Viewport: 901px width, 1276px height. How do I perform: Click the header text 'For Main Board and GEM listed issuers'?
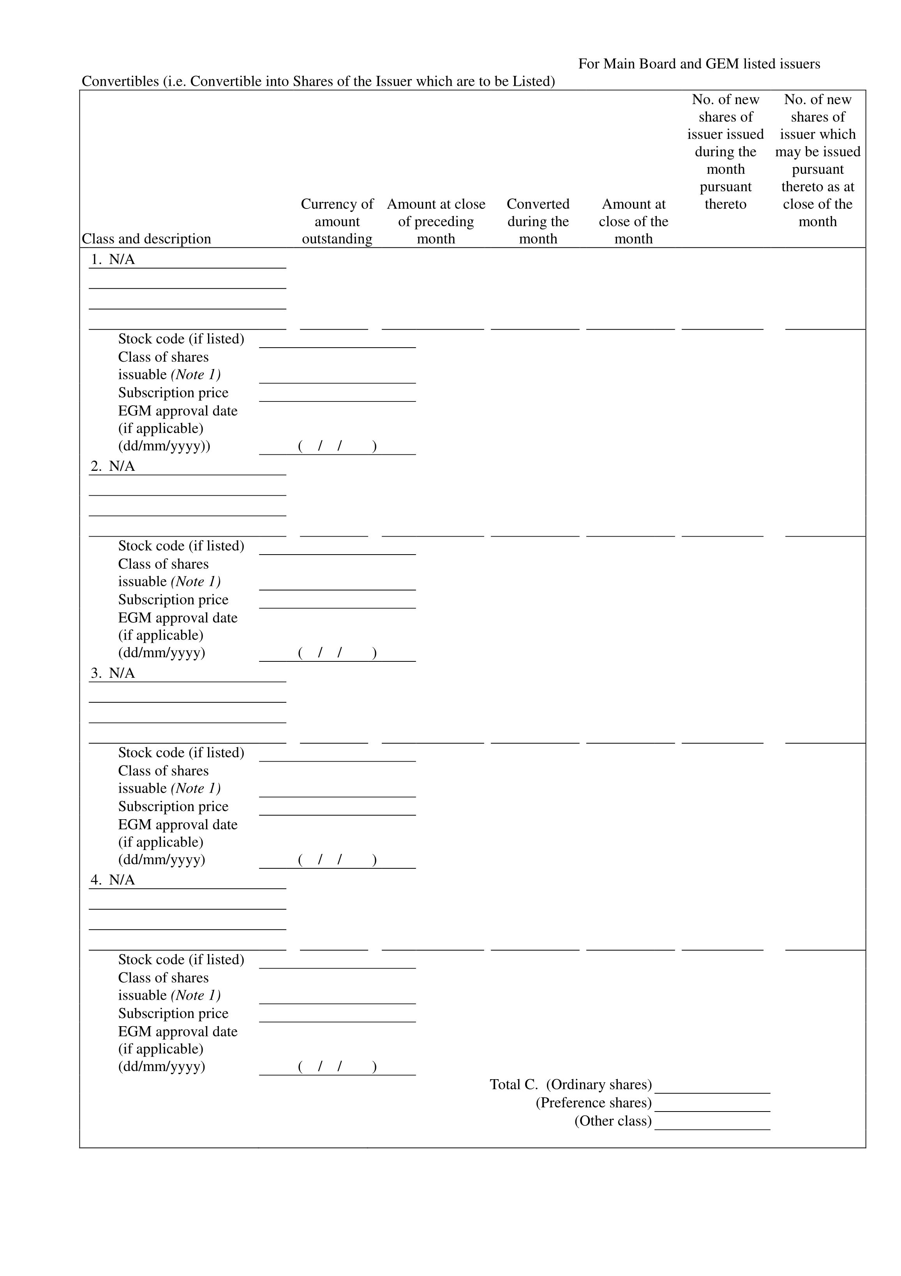pos(699,64)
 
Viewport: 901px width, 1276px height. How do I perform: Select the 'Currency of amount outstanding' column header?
pos(337,221)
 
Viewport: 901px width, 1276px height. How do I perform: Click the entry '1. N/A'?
pos(113,260)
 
